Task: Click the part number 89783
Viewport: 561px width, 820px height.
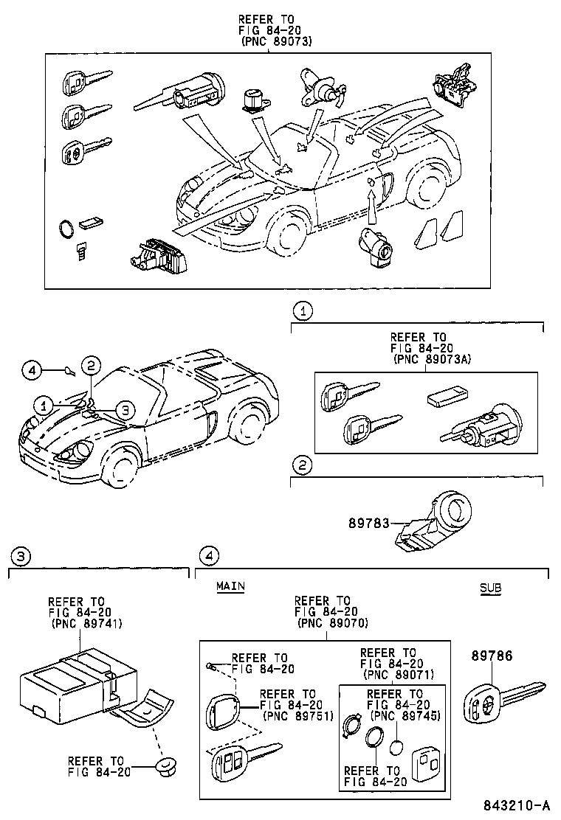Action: [368, 522]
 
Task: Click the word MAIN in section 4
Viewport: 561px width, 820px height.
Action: [230, 586]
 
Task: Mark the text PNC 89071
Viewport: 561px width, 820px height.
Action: [398, 675]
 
